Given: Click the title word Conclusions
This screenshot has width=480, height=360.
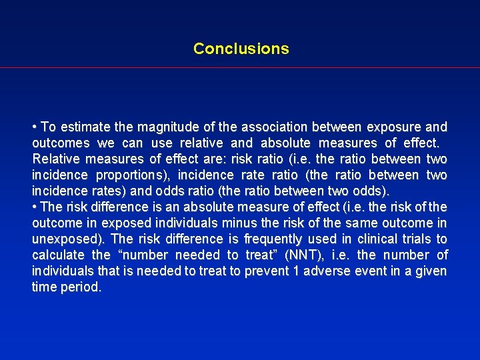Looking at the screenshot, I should pos(241,49).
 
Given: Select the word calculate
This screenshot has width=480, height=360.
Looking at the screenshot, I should pos(58,255).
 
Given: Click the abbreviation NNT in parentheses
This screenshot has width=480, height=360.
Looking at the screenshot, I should pos(303,255).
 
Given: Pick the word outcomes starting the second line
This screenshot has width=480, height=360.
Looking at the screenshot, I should pos(60,143).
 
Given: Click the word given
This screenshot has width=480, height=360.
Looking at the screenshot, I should pos(430,271).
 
